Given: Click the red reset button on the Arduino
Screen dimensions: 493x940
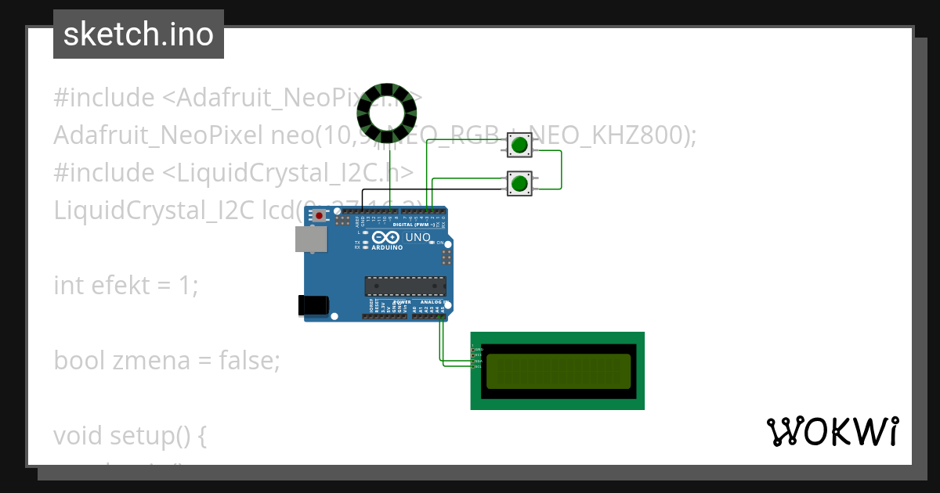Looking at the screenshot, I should point(319,214).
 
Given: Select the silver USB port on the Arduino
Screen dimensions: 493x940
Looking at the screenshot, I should point(311,239).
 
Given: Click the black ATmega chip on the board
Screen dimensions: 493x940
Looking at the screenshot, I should point(405,286).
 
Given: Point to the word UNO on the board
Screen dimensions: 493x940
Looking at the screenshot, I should point(418,237).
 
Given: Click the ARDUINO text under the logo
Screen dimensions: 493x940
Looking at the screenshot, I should point(389,247).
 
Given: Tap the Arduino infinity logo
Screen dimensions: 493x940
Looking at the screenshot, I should point(387,237).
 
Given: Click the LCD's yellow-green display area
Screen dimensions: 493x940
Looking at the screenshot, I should point(559,371).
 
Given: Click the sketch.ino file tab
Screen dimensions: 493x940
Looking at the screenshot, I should point(139,34).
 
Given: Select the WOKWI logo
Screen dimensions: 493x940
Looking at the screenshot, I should point(832,432).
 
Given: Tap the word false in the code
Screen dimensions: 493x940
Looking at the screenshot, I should point(249,361).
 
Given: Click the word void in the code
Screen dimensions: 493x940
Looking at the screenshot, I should point(80,435).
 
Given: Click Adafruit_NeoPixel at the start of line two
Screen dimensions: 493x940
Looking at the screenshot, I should point(158,135).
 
